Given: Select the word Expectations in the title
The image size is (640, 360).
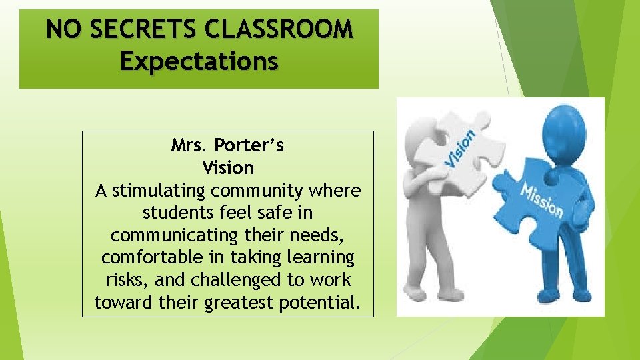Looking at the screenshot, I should coord(199,61).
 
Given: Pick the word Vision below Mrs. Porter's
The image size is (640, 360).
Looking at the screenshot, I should coord(227,167).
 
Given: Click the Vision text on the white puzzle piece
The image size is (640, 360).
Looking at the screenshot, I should coord(460,148).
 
